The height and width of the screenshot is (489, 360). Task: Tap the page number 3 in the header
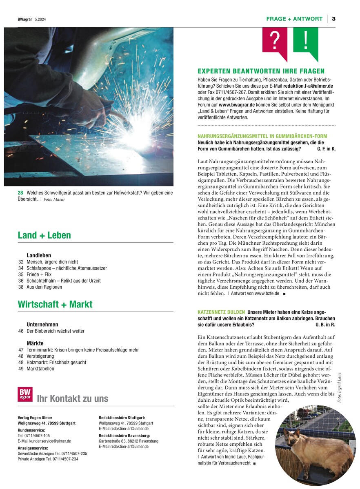pyautogui.click(x=333, y=19)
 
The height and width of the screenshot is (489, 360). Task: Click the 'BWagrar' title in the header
pyautogui.click(x=25, y=19)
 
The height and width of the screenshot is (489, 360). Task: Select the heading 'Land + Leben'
pyautogui.click(x=44, y=235)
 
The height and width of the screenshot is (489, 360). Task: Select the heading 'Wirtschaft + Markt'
pyautogui.click(x=55, y=304)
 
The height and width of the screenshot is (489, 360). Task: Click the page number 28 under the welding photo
pyautogui.click(x=20, y=193)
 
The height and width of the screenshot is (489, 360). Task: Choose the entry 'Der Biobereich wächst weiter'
pyautogui.click(x=56, y=331)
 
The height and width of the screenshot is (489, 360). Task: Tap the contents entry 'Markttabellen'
pyautogui.click(x=40, y=369)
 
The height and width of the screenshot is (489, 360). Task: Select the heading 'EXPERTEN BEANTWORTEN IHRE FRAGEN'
pyautogui.click(x=261, y=71)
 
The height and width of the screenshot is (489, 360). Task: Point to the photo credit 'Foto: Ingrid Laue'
pyautogui.click(x=339, y=387)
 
